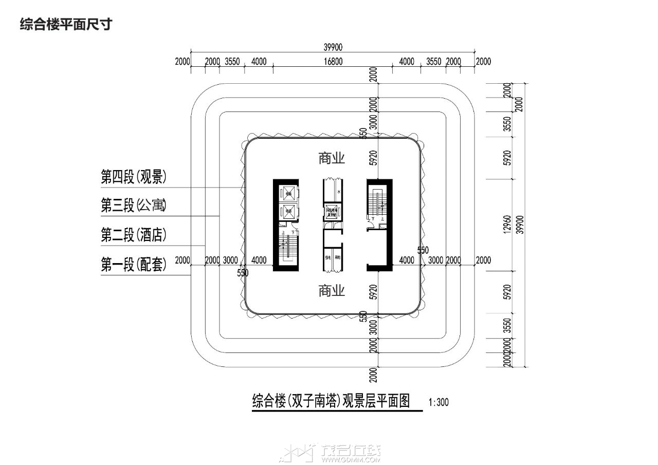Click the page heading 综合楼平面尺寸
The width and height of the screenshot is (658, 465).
[65, 24]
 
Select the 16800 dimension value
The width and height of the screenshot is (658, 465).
[333, 62]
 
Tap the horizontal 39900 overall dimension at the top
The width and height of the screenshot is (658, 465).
[333, 47]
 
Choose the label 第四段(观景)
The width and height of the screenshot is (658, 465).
[133, 177]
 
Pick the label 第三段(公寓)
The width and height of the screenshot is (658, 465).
[133, 207]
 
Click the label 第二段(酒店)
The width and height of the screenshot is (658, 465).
[133, 236]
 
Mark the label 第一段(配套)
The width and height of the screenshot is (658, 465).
[133, 265]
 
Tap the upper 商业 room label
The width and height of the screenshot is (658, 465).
[331, 158]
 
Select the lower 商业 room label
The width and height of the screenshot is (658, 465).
[331, 291]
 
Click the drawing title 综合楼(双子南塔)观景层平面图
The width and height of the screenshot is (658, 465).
[331, 400]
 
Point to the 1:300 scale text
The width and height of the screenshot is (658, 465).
[438, 402]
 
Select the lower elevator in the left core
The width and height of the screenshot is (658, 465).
[288, 211]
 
